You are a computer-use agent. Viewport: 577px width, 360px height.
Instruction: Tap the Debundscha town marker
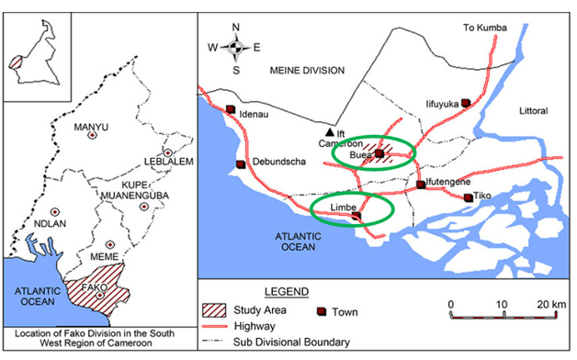pyautogui.click(x=242, y=165)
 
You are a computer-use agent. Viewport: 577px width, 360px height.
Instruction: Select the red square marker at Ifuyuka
pyautogui.click(x=465, y=102)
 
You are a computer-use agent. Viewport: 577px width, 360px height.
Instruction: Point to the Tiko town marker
pyautogui.click(x=469, y=197)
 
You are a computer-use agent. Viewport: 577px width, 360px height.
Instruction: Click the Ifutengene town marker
pyautogui.click(x=422, y=184)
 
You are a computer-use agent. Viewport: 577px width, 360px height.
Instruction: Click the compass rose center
pyautogui.click(x=236, y=47)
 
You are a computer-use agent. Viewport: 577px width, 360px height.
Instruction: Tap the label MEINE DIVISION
pyautogui.click(x=306, y=70)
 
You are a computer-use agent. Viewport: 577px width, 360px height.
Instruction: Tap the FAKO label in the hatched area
pyautogui.click(x=96, y=286)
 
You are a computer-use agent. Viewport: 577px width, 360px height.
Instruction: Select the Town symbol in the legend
pyautogui.click(x=322, y=310)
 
